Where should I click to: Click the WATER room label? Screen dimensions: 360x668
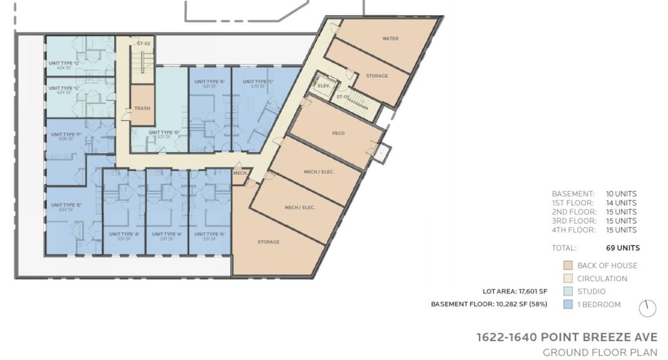pyautogui.click(x=390, y=38)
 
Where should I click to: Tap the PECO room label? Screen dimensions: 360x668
pyautogui.click(x=338, y=133)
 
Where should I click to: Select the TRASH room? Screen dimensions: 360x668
pyautogui.click(x=142, y=108)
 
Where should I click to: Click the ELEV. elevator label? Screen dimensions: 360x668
pyautogui.click(x=322, y=85)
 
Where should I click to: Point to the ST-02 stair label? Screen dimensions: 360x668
pyautogui.click(x=144, y=43)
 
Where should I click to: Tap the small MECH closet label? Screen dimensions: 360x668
pyautogui.click(x=239, y=173)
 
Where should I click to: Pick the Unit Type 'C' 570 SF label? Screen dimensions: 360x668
pyautogui.click(x=257, y=83)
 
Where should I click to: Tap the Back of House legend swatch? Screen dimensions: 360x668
pyautogui.click(x=568, y=265)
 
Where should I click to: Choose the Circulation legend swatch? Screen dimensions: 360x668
pyautogui.click(x=568, y=278)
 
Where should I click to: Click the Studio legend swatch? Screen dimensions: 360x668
pyautogui.click(x=568, y=292)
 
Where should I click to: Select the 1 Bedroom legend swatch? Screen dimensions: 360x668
pyautogui.click(x=568, y=305)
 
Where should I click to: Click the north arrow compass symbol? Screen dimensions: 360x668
pyautogui.click(x=647, y=308)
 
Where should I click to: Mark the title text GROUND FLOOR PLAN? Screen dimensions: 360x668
pyautogui.click(x=600, y=353)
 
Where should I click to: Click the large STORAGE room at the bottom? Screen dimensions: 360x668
pyautogui.click(x=268, y=242)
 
